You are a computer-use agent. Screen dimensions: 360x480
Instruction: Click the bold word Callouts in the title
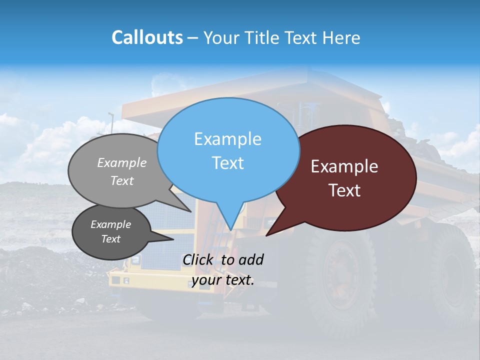click(147, 37)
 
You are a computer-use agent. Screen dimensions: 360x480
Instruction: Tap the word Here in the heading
click(342, 38)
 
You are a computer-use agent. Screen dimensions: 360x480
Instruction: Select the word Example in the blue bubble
click(227, 139)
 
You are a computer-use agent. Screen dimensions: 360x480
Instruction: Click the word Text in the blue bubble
click(227, 163)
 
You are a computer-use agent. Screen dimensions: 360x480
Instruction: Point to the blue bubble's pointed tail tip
click(230, 229)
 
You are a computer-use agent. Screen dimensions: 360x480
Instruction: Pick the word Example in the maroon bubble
click(344, 166)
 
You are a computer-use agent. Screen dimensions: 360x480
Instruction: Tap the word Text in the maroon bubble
click(344, 190)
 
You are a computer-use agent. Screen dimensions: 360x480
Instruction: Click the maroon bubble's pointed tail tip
click(266, 235)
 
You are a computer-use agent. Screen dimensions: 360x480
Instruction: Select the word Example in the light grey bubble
click(122, 162)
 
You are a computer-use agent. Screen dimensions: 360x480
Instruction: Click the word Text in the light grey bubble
click(122, 180)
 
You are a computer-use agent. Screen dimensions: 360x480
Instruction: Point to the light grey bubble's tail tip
click(191, 211)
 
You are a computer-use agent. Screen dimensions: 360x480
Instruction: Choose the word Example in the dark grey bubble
click(110, 224)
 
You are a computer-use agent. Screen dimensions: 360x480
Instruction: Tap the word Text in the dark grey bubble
click(110, 239)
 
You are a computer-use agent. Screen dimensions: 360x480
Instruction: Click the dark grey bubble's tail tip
click(173, 239)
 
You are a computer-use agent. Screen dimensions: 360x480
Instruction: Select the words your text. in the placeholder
click(223, 280)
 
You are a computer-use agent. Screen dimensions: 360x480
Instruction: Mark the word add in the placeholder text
click(251, 259)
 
